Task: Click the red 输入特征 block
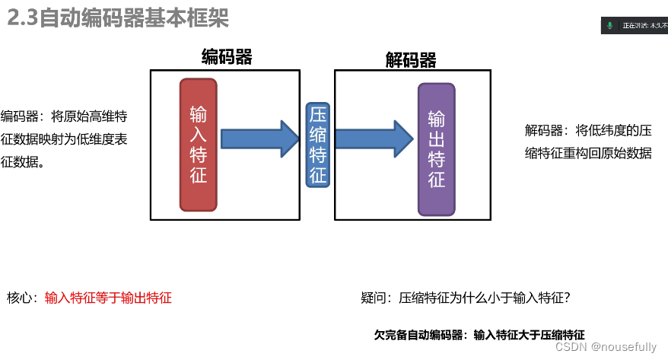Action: coord(198,145)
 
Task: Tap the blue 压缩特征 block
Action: coord(317,145)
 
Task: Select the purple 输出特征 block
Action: coord(436,150)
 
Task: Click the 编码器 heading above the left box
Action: coord(227,56)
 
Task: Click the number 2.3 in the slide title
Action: coord(22,17)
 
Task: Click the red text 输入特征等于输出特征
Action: coord(108,298)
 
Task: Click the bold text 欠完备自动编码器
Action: coord(420,334)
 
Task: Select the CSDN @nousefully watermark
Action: coord(606,347)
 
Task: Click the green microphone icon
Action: coord(609,25)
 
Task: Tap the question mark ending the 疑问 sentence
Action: coord(568,298)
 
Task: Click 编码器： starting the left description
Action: coord(23,117)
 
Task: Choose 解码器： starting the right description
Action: coord(546,130)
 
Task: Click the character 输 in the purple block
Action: coord(436,119)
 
